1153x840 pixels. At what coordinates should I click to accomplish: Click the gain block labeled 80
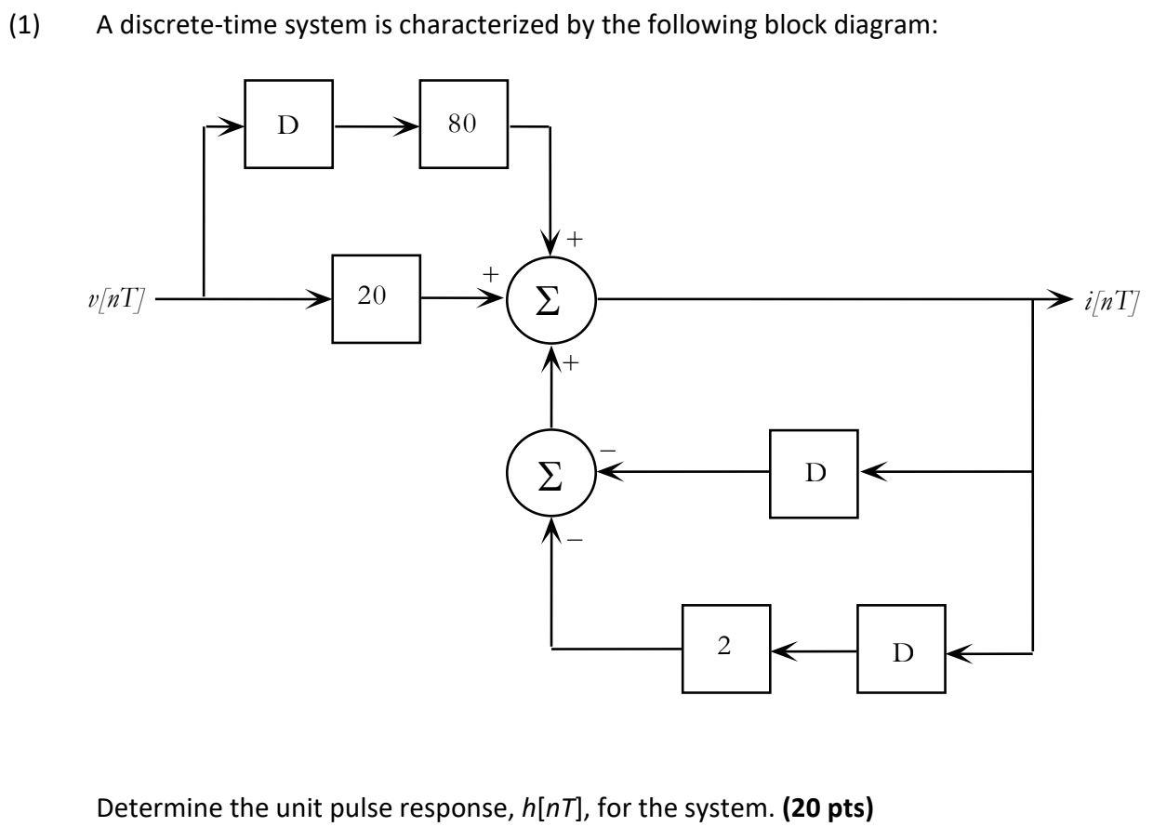(463, 125)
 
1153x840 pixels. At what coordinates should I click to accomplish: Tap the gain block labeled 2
(725, 649)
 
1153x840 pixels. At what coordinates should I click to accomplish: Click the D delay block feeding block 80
(288, 125)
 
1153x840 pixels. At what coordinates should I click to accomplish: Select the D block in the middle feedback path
(814, 473)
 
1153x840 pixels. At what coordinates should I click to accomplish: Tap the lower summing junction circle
(551, 473)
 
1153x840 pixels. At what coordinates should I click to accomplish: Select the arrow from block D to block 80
(376, 125)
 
